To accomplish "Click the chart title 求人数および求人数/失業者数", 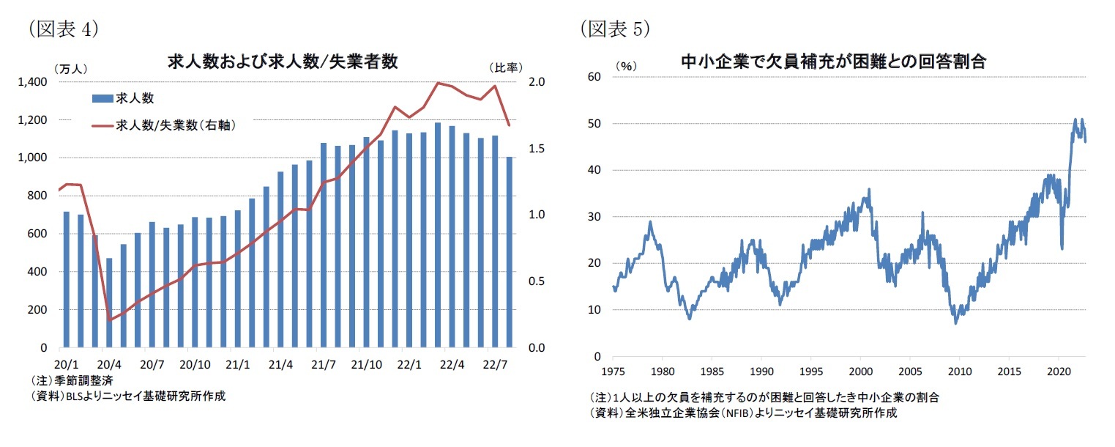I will point(283,62).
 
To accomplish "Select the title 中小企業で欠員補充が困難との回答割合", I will point(833,62).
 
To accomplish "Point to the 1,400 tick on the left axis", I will point(33,82).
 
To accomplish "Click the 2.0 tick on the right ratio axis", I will point(536,82).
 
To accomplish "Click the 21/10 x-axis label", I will point(366,364).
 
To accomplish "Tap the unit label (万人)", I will point(70,69).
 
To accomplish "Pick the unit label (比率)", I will point(506,67).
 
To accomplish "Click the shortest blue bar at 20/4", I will point(110,303).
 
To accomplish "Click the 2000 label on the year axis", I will point(862,371).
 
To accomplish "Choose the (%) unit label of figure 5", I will point(625,65).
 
